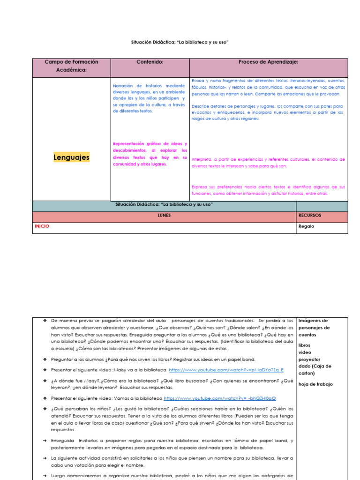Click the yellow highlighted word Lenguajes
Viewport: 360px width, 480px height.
tap(71, 158)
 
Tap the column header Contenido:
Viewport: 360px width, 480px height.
tap(150, 62)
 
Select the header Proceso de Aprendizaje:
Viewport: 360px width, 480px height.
tap(268, 62)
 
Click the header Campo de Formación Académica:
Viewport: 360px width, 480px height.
tap(71, 66)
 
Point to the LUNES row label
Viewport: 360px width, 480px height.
tap(164, 216)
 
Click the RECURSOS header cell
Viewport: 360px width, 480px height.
tap(310, 216)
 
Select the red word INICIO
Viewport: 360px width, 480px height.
tap(42, 226)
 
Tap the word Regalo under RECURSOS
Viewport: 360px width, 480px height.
tap(306, 226)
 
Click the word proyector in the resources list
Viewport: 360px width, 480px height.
tap(309, 360)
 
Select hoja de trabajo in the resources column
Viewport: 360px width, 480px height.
tap(315, 384)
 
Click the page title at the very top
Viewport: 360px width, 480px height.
tap(180, 42)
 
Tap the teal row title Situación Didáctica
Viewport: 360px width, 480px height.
tap(164, 205)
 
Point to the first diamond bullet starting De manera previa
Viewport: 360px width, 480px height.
tap(45, 321)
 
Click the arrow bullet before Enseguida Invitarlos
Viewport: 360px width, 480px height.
tap(45, 441)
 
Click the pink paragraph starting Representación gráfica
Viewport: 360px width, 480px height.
tap(150, 154)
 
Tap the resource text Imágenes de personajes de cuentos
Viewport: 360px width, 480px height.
tap(314, 328)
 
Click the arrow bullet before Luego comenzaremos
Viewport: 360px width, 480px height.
tap(45, 476)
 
